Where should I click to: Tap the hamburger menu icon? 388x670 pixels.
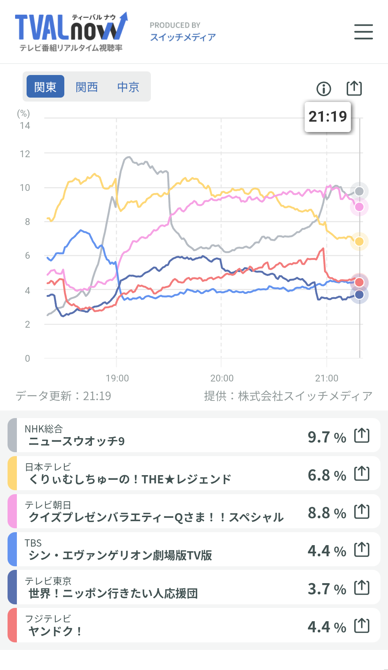point(363,32)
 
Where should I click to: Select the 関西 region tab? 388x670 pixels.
point(87,87)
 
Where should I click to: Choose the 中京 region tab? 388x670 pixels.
point(128,87)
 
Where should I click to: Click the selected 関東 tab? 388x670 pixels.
point(45,87)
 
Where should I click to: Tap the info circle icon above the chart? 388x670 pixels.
point(324,89)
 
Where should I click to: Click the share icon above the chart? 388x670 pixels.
point(354,88)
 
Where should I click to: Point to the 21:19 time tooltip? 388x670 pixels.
point(328,117)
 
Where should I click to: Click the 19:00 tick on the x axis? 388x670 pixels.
point(117,378)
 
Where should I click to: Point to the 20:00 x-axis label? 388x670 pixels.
point(222,378)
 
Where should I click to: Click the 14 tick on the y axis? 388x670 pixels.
point(25,126)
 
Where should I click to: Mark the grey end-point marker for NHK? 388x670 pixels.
point(359,191)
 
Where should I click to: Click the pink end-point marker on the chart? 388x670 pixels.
point(359,207)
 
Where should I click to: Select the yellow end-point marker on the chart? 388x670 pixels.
point(359,242)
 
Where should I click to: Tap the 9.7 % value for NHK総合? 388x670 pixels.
point(327,437)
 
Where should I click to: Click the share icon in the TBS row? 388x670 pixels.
point(362,549)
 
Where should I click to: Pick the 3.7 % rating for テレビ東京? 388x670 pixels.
point(327,589)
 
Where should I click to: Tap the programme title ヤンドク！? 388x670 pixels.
point(55,631)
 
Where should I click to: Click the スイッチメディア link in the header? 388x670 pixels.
point(183,37)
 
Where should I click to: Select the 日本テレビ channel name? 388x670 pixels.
point(48,467)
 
